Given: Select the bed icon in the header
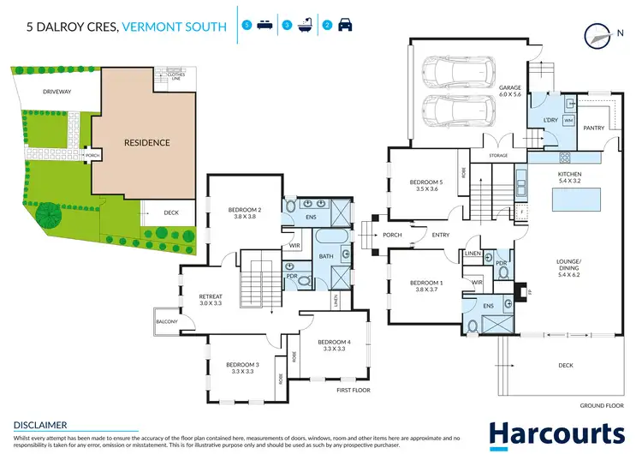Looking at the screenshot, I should pos(265,26).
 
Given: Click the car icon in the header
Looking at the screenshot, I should pos(345,26).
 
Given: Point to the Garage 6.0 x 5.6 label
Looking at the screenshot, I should pos(510,91).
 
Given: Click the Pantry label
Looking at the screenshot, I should pos(594,128).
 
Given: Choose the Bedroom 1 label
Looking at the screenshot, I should pos(426,286).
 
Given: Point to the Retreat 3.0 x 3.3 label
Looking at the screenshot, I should pos(211,300).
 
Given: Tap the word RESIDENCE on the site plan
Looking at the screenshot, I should pos(147,143).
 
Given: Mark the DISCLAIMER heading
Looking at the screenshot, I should pos(41,425).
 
